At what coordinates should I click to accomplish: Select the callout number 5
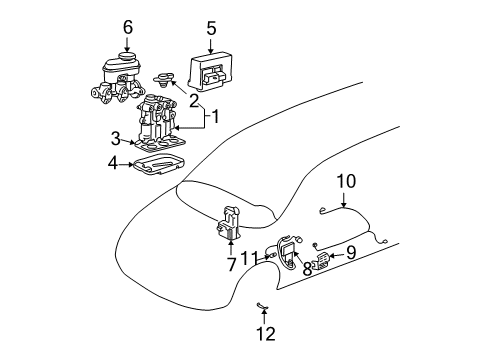(211, 29)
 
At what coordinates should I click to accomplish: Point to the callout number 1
(222, 116)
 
